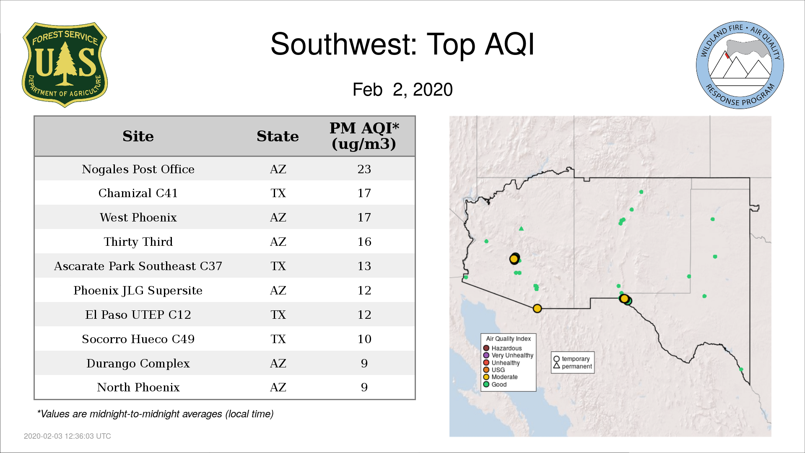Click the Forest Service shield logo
[x=65, y=65]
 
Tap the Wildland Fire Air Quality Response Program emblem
[x=740, y=65]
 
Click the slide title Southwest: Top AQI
[x=402, y=44]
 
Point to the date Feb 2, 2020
[x=402, y=89]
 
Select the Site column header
[x=138, y=136]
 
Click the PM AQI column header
[x=364, y=136]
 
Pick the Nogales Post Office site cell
[x=138, y=169]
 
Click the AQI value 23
[x=364, y=169]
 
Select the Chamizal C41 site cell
[x=138, y=193]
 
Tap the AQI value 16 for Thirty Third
[x=364, y=242]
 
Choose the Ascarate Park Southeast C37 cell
[x=138, y=266]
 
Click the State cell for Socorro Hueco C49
[x=278, y=339]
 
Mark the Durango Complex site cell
[x=138, y=363]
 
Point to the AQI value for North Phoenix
[x=364, y=387]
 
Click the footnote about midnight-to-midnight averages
[x=155, y=414]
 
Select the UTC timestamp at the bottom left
[x=68, y=436]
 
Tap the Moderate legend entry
[x=500, y=377]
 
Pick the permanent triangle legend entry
[x=573, y=366]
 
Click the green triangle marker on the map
[x=521, y=229]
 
